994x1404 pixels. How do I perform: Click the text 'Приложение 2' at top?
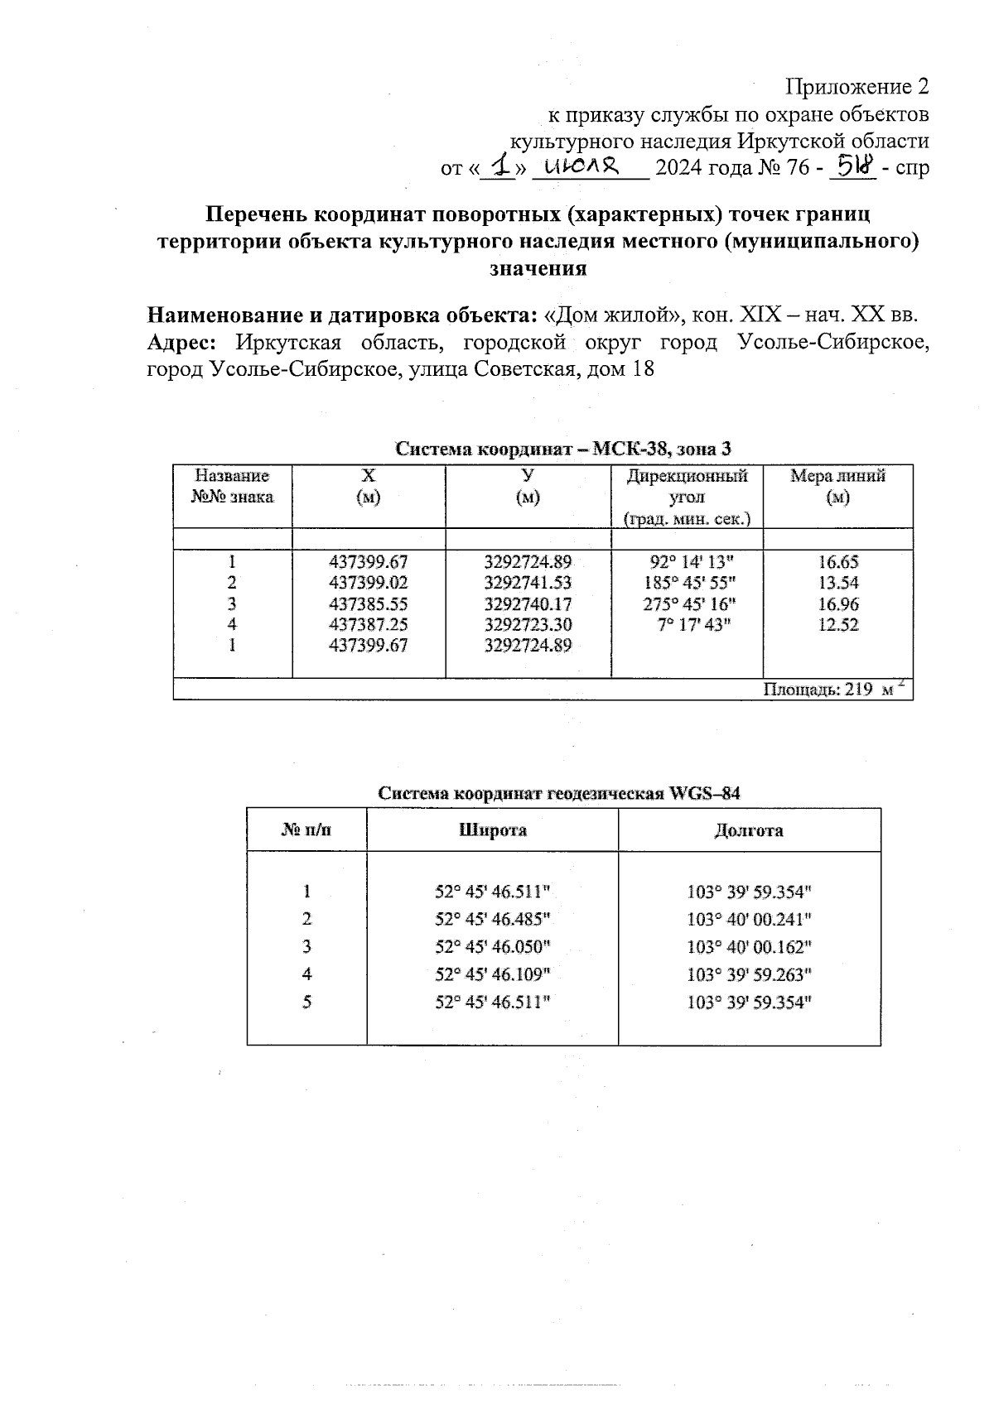click(x=857, y=87)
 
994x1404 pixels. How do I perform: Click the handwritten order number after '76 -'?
click(x=856, y=166)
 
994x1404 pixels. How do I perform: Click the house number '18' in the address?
click(x=643, y=368)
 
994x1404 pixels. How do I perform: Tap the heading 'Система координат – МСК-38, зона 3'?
click(x=563, y=450)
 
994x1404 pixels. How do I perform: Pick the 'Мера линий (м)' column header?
click(x=837, y=486)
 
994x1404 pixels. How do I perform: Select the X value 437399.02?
click(x=369, y=583)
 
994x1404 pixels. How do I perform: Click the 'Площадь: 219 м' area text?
click(x=832, y=690)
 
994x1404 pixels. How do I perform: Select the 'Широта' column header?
click(x=493, y=830)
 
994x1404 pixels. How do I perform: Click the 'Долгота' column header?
click(x=749, y=830)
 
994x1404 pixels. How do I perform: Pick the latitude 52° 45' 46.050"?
click(x=493, y=946)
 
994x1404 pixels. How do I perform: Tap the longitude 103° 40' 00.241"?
click(x=749, y=919)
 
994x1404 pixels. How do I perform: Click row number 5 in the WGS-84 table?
click(x=306, y=1003)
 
